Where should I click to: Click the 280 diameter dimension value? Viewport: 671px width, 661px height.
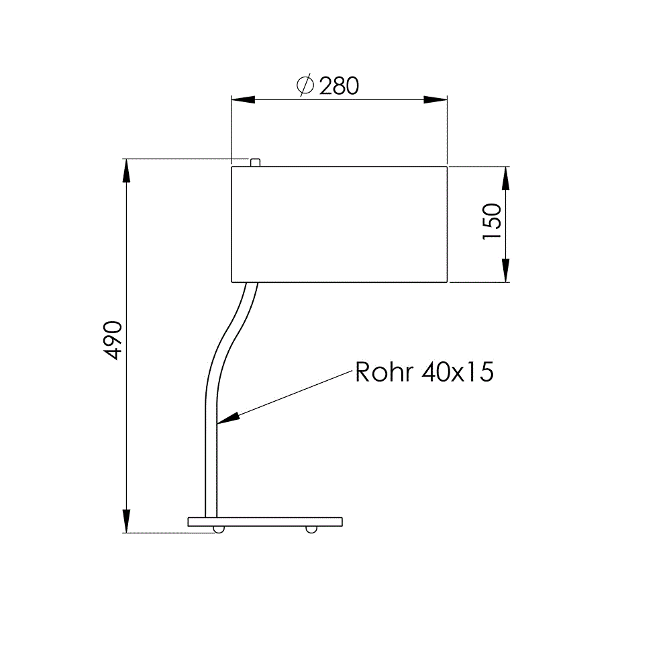click(339, 86)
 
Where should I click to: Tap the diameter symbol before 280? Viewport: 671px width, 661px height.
click(305, 85)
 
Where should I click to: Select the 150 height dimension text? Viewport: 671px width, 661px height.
click(492, 222)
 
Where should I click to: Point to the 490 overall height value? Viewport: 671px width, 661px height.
click(113, 340)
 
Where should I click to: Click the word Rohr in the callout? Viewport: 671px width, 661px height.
click(384, 372)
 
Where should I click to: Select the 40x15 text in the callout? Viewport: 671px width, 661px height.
click(458, 372)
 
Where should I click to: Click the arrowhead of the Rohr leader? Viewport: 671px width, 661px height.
click(227, 418)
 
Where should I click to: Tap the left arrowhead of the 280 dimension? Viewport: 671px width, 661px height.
click(243, 100)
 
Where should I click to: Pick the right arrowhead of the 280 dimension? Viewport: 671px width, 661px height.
click(435, 100)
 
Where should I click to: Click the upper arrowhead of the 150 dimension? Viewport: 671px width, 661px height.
click(505, 178)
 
